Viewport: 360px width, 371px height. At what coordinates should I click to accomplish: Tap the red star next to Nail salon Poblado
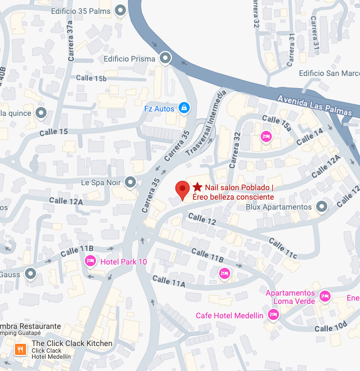[197, 188]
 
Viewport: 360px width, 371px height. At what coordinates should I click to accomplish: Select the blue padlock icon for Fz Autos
[184, 108]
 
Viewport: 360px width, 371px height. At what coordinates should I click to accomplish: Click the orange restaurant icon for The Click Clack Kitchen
[21, 349]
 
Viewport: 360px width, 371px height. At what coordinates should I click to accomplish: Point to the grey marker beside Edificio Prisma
[165, 58]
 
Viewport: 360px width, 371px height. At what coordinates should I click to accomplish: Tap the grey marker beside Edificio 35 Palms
[120, 11]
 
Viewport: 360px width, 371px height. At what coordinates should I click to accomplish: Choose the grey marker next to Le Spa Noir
[130, 181]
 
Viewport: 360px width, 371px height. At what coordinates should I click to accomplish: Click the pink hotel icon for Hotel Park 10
[90, 261]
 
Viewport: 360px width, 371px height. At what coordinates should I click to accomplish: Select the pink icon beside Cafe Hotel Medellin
[272, 315]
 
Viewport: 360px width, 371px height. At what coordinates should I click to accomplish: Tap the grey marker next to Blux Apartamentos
[321, 207]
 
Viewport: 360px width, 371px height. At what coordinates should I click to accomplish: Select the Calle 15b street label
[92, 78]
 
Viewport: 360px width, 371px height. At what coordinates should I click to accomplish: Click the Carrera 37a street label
[69, 34]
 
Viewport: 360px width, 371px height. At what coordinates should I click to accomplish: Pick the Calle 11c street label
[283, 248]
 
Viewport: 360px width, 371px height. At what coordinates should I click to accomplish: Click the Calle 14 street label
[311, 137]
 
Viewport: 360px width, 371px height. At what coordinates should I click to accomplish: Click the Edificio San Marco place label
[328, 73]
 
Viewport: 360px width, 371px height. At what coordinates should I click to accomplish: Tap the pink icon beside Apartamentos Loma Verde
[325, 297]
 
